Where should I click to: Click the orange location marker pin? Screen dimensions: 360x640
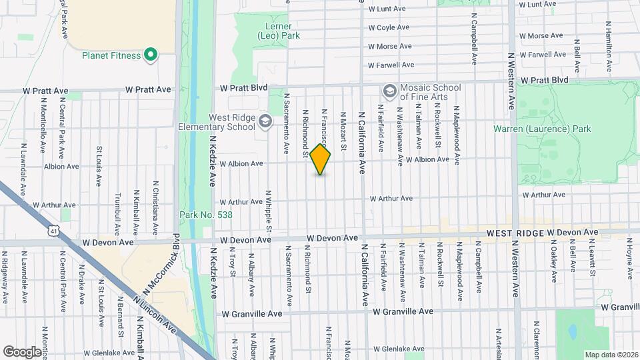click(321, 159)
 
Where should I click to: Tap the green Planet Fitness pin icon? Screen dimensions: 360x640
click(151, 55)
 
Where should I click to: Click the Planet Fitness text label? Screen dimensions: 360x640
click(111, 55)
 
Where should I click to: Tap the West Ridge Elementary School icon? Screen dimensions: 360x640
click(265, 121)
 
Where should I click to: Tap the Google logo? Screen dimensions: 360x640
click(23, 351)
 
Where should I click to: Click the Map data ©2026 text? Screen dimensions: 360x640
click(611, 355)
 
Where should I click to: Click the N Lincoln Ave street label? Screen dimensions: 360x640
click(154, 311)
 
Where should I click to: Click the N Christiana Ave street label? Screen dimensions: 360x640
click(155, 212)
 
